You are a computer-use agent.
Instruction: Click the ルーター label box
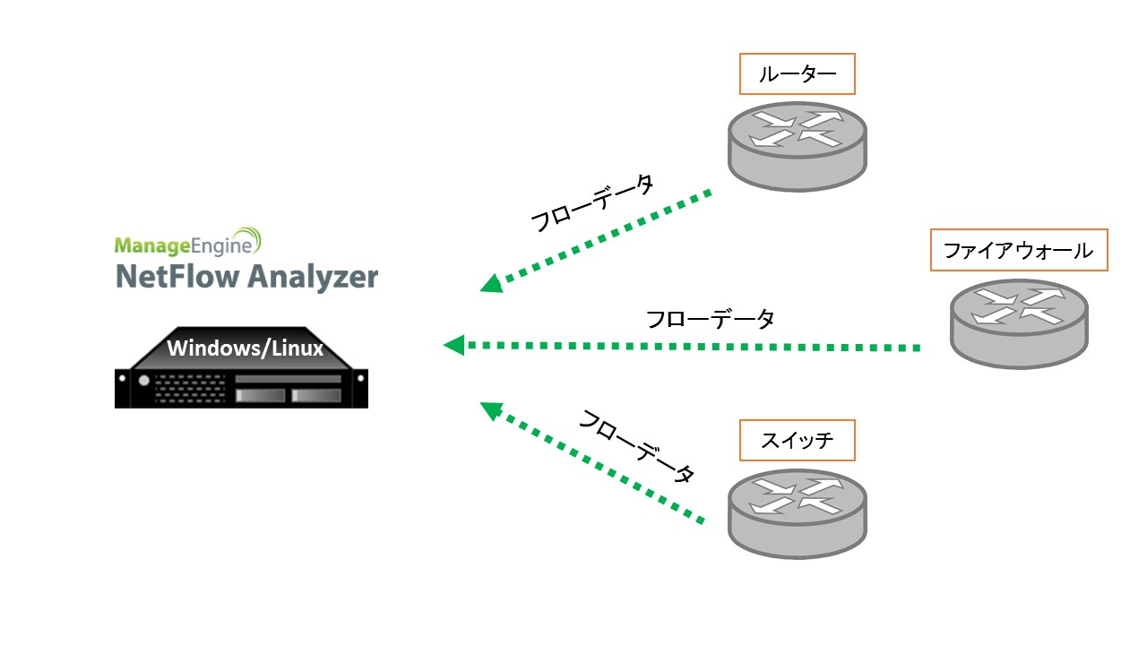click(x=797, y=74)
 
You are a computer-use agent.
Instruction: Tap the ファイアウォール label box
click(x=1019, y=250)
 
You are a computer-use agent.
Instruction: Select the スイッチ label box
click(x=797, y=440)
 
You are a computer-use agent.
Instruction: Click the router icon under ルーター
click(x=797, y=143)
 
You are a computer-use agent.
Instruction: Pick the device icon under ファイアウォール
click(x=1019, y=322)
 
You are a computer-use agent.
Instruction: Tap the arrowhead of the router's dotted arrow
click(x=491, y=283)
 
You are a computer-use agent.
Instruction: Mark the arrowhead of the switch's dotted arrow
click(x=491, y=410)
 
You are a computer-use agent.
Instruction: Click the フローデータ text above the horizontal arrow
click(x=710, y=319)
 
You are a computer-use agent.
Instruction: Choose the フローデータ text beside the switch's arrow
click(x=636, y=446)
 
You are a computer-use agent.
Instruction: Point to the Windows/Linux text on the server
click(x=245, y=348)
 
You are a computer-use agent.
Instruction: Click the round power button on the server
click(x=143, y=381)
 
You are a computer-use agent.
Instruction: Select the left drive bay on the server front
click(x=260, y=395)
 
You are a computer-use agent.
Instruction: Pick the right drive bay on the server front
click(x=315, y=395)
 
